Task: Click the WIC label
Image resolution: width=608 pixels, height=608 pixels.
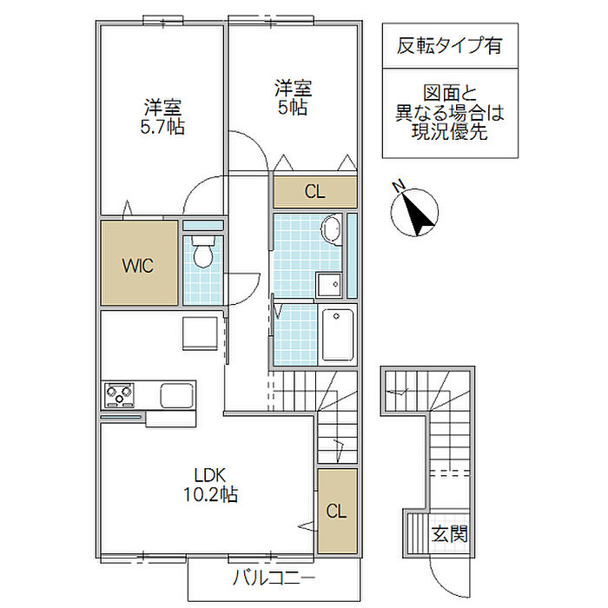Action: pyautogui.click(x=137, y=266)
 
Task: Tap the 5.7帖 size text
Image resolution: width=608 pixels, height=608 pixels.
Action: pyautogui.click(x=162, y=127)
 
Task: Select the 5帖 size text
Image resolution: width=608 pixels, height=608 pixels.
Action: pyautogui.click(x=293, y=108)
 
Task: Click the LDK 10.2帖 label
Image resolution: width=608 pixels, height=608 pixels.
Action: pyautogui.click(x=210, y=485)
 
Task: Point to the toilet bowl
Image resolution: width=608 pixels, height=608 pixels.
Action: pyautogui.click(x=202, y=253)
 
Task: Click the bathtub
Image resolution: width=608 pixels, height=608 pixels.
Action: pyautogui.click(x=337, y=334)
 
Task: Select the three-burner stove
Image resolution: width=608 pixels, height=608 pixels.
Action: pyautogui.click(x=120, y=394)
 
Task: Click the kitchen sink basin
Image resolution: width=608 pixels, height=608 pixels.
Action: pyautogui.click(x=177, y=395)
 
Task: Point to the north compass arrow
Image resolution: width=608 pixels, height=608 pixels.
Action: pyautogui.click(x=417, y=214)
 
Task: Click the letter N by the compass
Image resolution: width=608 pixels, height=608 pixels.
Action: pyautogui.click(x=398, y=186)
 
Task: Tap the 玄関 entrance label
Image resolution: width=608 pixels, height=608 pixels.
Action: pyautogui.click(x=450, y=533)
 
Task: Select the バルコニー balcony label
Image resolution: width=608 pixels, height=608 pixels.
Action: pyautogui.click(x=274, y=578)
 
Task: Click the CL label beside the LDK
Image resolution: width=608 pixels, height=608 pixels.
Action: pyautogui.click(x=336, y=512)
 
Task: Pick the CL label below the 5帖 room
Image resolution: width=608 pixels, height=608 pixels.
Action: pyautogui.click(x=314, y=192)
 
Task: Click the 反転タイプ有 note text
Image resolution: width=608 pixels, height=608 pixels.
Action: pyautogui.click(x=449, y=45)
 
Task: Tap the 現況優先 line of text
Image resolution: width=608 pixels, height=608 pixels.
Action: pyautogui.click(x=449, y=132)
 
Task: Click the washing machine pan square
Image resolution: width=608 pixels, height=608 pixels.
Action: pyautogui.click(x=329, y=285)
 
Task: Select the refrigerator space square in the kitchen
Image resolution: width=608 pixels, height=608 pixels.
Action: pyautogui.click(x=200, y=333)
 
